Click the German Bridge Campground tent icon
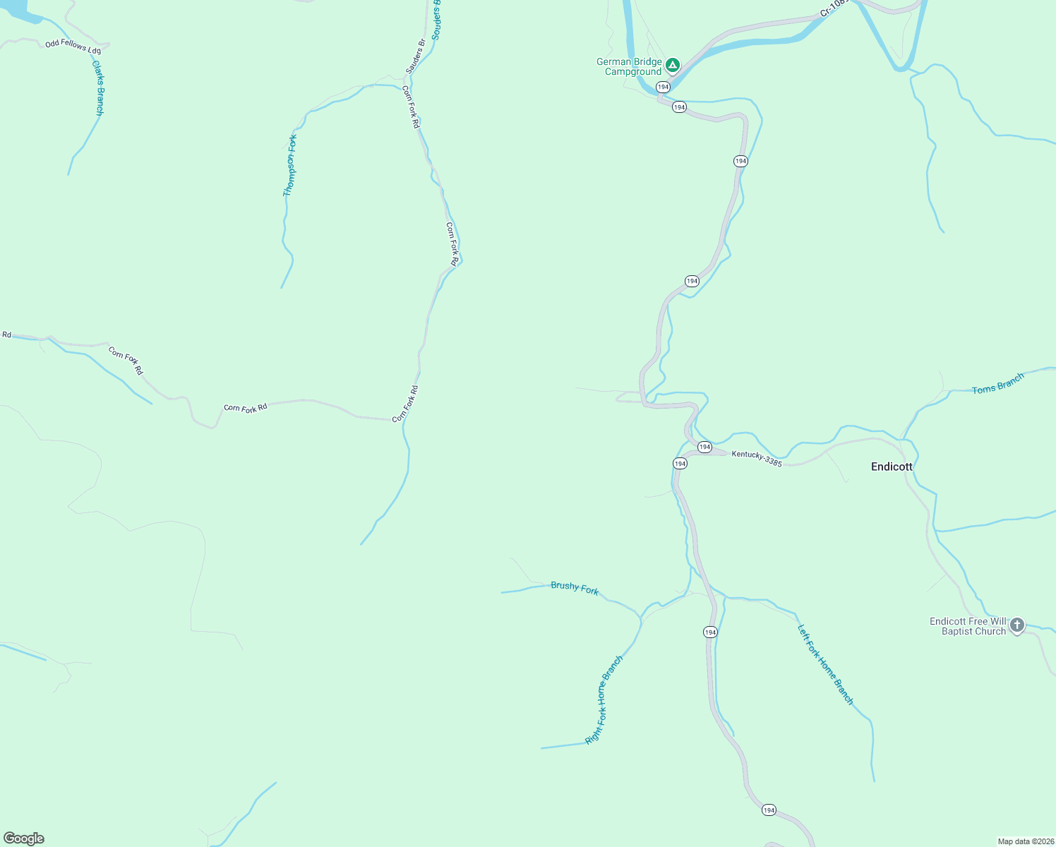(673, 66)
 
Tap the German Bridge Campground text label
(630, 66)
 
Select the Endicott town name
(892, 467)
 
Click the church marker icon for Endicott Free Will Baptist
(1016, 625)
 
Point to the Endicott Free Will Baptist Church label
(968, 626)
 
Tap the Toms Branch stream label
(997, 385)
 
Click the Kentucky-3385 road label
(757, 459)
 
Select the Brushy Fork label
(575, 588)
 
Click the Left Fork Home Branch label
(825, 664)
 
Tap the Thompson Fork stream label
(289, 166)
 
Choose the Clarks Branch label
(99, 88)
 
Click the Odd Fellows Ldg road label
(73, 47)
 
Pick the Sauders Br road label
(415, 57)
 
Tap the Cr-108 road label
(833, 8)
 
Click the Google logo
(24, 839)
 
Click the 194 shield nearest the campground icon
(663, 87)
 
